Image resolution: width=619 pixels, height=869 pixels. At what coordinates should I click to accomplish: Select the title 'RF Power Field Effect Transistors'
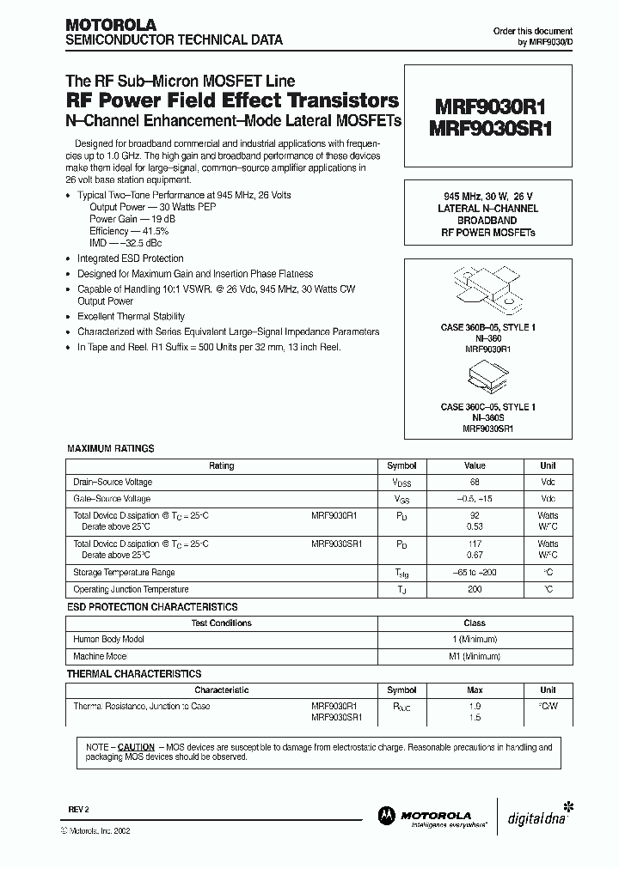pyautogui.click(x=231, y=100)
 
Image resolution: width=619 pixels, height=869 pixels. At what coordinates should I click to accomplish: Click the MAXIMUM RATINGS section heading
pyautogui.click(x=111, y=448)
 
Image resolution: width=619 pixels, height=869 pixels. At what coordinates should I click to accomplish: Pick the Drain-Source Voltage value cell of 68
pyautogui.click(x=474, y=483)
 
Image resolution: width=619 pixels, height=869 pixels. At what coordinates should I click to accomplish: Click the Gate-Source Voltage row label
pyautogui.click(x=112, y=499)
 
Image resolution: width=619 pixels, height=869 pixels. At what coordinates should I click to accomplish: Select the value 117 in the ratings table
pyautogui.click(x=474, y=544)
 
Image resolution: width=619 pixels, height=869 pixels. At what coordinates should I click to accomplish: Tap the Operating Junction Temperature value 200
pyautogui.click(x=474, y=590)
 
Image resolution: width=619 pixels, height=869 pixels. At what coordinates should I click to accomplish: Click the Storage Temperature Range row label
pyautogui.click(x=124, y=573)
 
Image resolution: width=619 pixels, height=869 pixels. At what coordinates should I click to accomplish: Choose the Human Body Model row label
pyautogui.click(x=108, y=640)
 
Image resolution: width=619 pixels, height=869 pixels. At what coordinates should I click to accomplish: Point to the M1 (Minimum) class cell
pyautogui.click(x=474, y=656)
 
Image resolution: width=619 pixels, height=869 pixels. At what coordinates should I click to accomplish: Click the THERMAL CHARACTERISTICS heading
pyautogui.click(x=134, y=674)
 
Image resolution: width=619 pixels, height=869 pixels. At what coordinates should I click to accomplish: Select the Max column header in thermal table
pyautogui.click(x=474, y=690)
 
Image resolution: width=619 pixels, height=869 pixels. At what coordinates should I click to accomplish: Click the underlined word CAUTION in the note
pyautogui.click(x=136, y=747)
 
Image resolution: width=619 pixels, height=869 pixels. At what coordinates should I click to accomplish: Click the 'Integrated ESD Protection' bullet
pyautogui.click(x=130, y=258)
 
